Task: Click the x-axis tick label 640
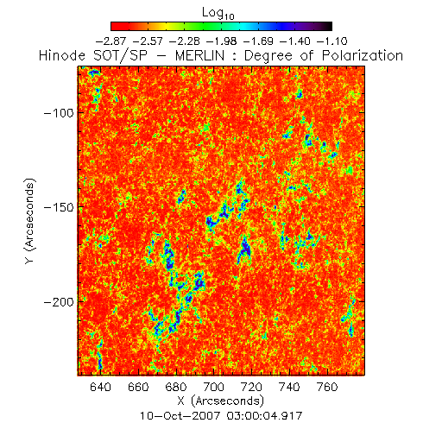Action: pyautogui.click(x=100, y=387)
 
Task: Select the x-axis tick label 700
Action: pyautogui.click(x=213, y=387)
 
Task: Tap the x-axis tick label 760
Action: pyautogui.click(x=327, y=387)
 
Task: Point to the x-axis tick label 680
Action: pyautogui.click(x=176, y=387)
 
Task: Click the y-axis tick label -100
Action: pyautogui.click(x=59, y=113)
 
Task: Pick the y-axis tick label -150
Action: pyautogui.click(x=59, y=207)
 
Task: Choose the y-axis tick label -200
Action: pyautogui.click(x=59, y=302)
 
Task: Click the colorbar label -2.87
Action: pyautogui.click(x=110, y=41)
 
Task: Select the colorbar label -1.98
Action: pyautogui.click(x=222, y=41)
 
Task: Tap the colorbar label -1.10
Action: pyautogui.click(x=332, y=41)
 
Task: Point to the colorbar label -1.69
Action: pyautogui.click(x=258, y=41)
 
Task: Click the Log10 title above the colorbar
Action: pyautogui.click(x=218, y=13)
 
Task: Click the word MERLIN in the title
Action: pyautogui.click(x=199, y=55)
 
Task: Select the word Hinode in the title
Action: pyautogui.click(x=62, y=55)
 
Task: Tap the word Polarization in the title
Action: pyautogui.click(x=363, y=55)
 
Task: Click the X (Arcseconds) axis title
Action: pyautogui.click(x=221, y=401)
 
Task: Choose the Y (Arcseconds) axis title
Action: pyautogui.click(x=29, y=221)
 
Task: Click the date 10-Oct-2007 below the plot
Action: pyautogui.click(x=180, y=416)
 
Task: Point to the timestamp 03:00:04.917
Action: pyautogui.click(x=264, y=416)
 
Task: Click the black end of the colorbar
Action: pyautogui.click(x=328, y=26)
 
